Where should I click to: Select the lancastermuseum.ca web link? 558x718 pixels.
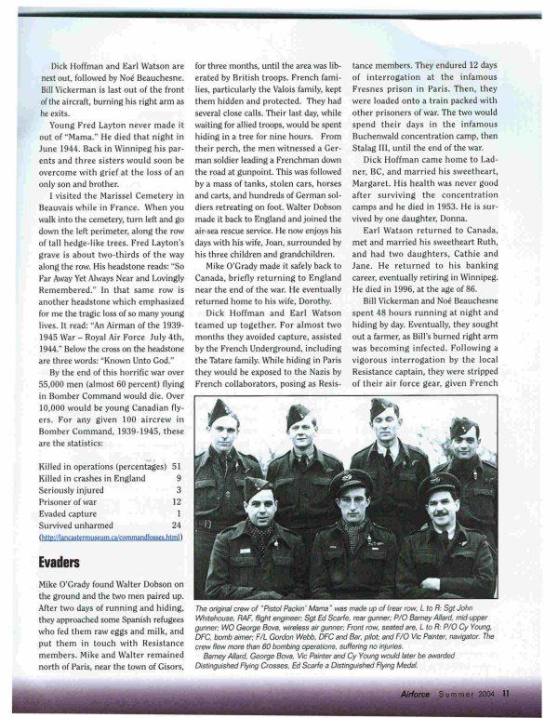tap(109, 538)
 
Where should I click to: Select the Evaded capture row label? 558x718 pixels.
tap(72, 513)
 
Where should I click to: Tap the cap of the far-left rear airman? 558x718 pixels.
tap(221, 410)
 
